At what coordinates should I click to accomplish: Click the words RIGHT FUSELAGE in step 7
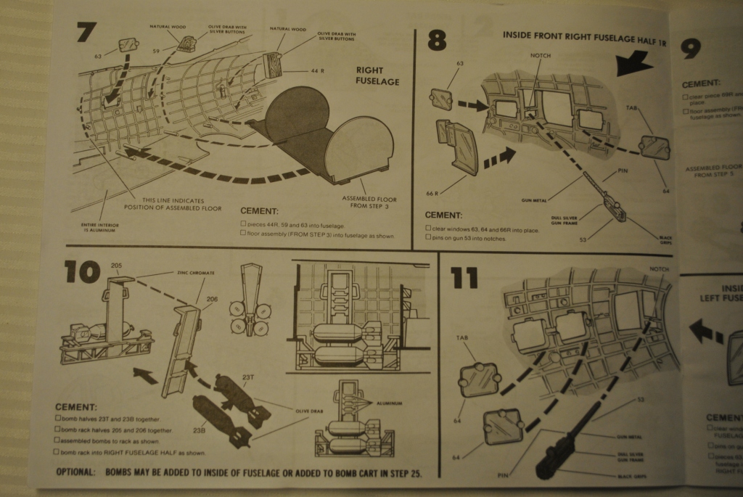[378, 76]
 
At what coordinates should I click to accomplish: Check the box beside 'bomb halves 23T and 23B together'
[58, 419]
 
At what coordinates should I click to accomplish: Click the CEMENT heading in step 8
[443, 215]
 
